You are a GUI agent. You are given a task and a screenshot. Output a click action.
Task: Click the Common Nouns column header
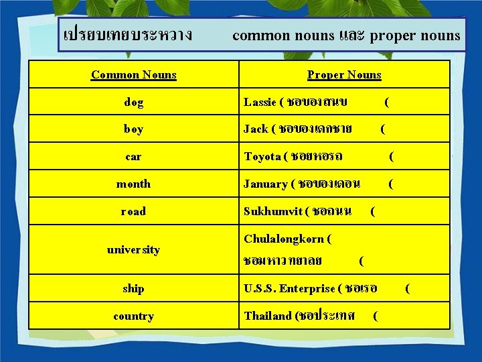tap(133, 74)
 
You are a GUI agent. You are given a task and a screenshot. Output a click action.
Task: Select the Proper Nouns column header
tap(344, 74)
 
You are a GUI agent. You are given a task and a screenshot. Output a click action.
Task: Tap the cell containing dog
tap(133, 103)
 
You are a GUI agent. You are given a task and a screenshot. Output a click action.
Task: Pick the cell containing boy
tap(133, 129)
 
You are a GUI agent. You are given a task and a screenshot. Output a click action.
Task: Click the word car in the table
tap(133, 157)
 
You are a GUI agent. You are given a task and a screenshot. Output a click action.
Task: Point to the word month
tap(133, 184)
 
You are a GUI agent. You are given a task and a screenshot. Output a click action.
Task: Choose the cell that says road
tap(133, 211)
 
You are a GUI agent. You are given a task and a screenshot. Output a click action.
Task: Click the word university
tap(133, 249)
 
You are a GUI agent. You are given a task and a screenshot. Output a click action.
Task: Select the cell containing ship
tap(133, 288)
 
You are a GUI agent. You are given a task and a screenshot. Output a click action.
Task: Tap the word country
tap(133, 316)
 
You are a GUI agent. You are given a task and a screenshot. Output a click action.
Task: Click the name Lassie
tap(260, 103)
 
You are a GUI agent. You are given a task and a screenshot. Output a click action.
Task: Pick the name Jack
tap(255, 129)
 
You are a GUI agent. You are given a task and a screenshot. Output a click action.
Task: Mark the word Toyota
tap(262, 157)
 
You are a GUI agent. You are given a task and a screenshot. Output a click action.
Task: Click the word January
tap(266, 184)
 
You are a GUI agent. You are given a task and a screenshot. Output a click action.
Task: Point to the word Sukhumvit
tap(272, 211)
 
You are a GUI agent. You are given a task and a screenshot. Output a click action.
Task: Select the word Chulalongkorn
tap(285, 239)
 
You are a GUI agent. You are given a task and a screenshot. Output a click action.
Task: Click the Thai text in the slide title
tap(126, 34)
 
